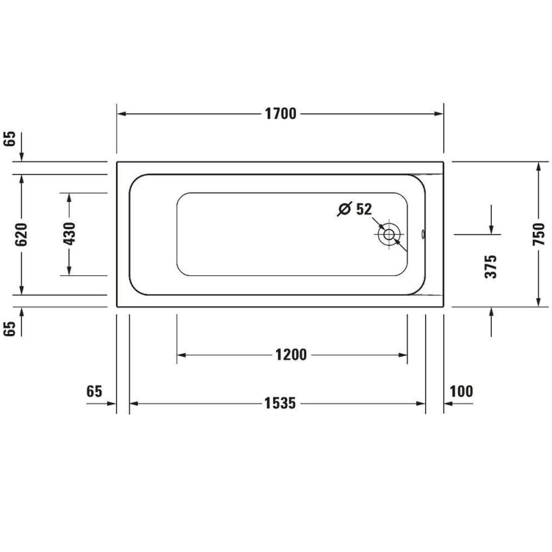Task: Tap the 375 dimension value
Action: click(x=491, y=266)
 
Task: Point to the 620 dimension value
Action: click(x=21, y=235)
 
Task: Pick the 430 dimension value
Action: click(x=69, y=235)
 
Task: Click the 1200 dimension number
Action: click(x=290, y=355)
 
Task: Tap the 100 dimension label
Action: click(x=461, y=392)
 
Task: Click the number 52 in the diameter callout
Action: click(x=364, y=209)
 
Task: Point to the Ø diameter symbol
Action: click(x=345, y=209)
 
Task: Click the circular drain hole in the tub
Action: click(x=389, y=235)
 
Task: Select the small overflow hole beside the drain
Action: click(x=423, y=233)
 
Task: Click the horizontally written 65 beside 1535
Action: click(x=95, y=392)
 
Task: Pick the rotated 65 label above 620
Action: click(x=10, y=139)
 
